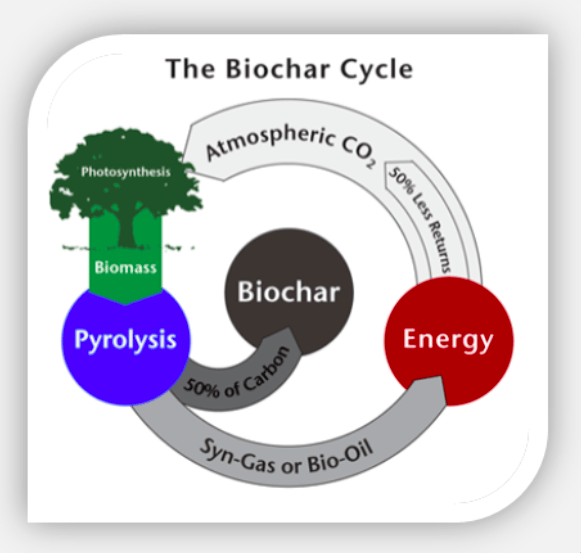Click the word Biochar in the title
[278, 69]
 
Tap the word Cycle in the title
[376, 70]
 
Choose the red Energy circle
[449, 341]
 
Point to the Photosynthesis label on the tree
[126, 172]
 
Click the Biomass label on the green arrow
[126, 267]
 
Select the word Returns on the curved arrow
[441, 246]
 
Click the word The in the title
[191, 69]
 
